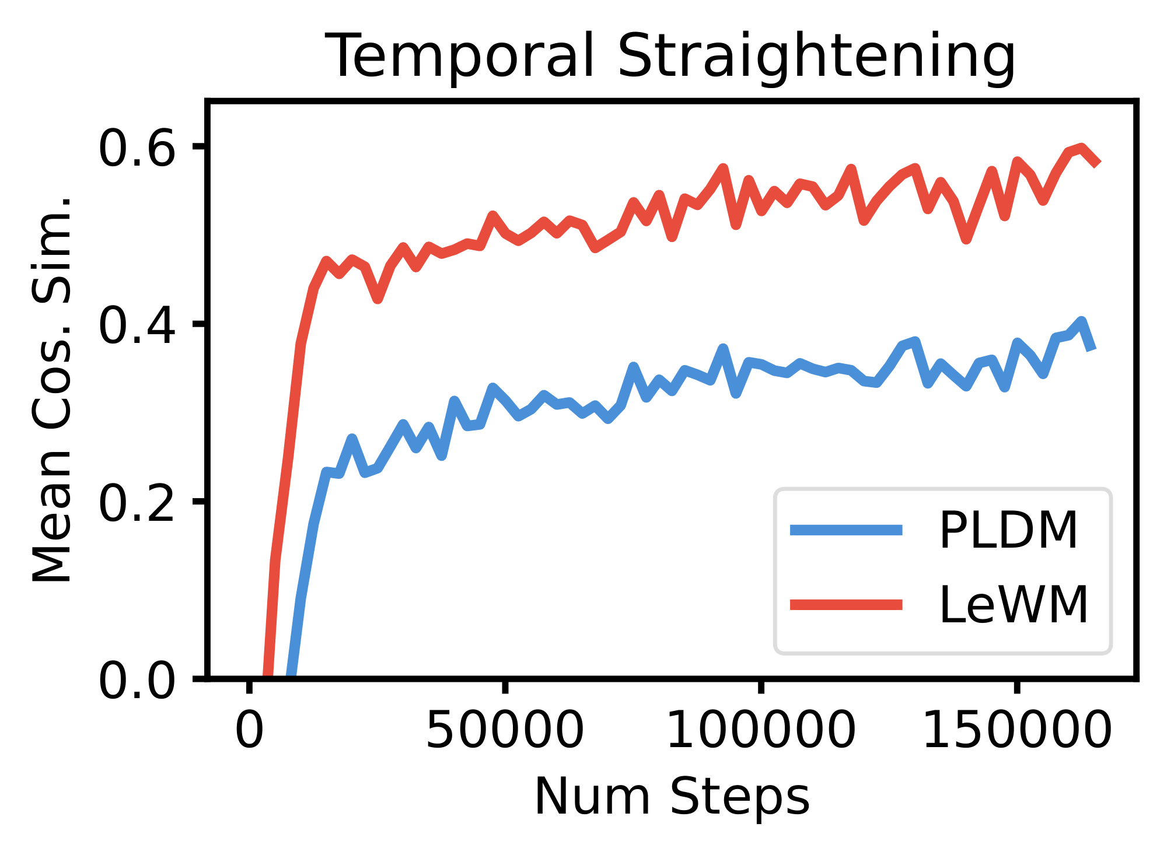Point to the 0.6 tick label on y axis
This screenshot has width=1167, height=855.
pyautogui.click(x=137, y=148)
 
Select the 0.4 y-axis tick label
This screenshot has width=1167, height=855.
pyautogui.click(x=137, y=325)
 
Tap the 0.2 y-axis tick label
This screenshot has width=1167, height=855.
pyautogui.click(x=137, y=503)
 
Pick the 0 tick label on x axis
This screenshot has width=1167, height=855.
pyautogui.click(x=250, y=730)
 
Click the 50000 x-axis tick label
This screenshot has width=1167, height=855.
pyautogui.click(x=505, y=730)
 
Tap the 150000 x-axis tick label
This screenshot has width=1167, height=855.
pyautogui.click(x=1016, y=730)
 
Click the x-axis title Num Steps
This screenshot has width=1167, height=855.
pyautogui.click(x=672, y=797)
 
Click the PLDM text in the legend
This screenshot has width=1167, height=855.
pyautogui.click(x=1008, y=530)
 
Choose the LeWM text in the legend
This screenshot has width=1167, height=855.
pyautogui.click(x=1013, y=605)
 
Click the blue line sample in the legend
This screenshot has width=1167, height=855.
pyautogui.click(x=846, y=530)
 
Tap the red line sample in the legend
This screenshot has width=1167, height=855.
pyautogui.click(x=846, y=605)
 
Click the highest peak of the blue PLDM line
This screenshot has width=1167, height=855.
pyautogui.click(x=1081, y=321)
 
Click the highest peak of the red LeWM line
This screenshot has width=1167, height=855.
pyautogui.click(x=1081, y=147)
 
